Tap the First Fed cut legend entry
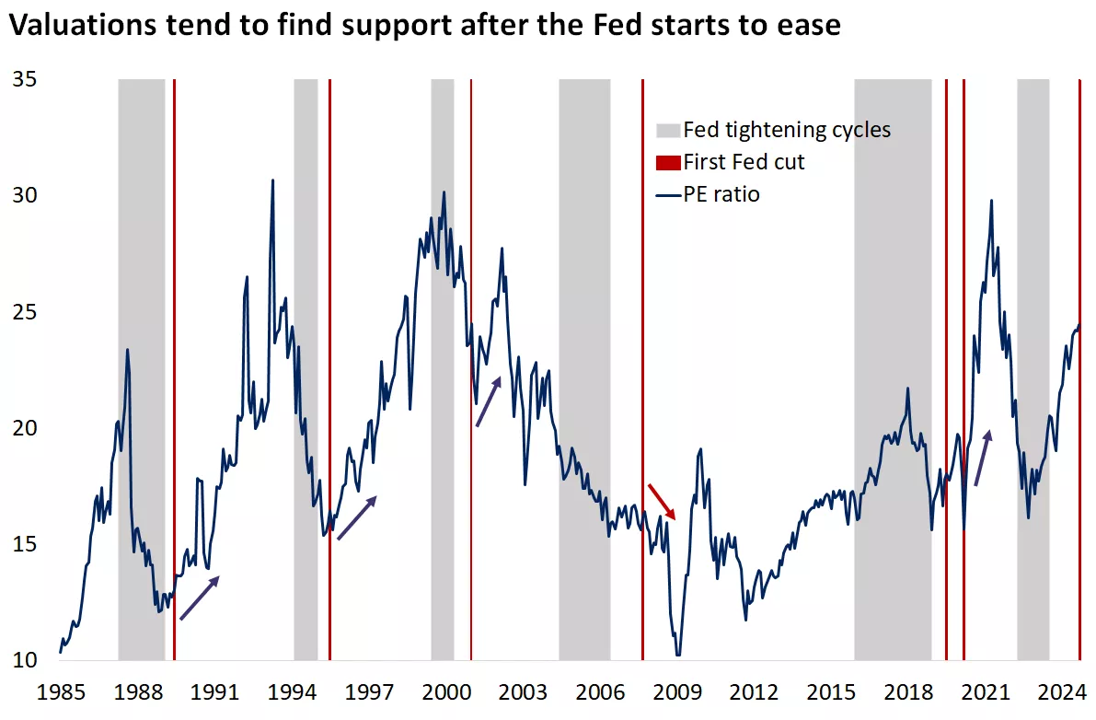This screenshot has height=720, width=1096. click(743, 162)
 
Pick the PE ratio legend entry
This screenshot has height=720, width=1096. click(721, 194)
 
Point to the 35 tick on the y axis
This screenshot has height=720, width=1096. click(24, 79)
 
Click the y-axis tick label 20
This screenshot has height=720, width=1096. click(24, 428)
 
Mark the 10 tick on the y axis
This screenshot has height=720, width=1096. click(24, 660)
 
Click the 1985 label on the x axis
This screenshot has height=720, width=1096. click(61, 691)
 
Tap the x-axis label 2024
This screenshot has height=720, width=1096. click(1062, 691)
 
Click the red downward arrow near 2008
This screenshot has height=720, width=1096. click(662, 501)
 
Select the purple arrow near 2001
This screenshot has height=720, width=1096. click(489, 401)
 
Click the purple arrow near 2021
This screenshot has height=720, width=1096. click(983, 458)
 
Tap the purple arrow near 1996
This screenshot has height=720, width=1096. click(357, 517)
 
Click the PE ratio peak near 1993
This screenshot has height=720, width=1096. click(272, 180)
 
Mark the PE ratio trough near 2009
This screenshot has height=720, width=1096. click(678, 655)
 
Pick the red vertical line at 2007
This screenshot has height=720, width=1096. click(642, 368)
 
